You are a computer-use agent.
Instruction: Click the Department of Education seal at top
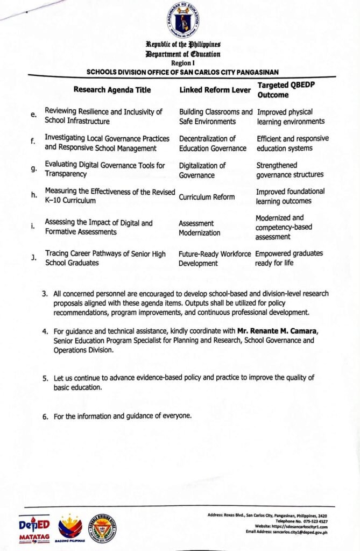pos(182,19)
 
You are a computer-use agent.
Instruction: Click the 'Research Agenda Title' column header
pos(112,90)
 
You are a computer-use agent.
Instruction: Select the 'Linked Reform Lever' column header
pos(215,90)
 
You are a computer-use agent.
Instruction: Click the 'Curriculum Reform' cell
pos(207,196)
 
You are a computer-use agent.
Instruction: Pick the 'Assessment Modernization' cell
pos(199,228)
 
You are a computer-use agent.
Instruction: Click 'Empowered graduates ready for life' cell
pos(290,258)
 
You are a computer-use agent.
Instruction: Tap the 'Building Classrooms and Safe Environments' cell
pos(215,116)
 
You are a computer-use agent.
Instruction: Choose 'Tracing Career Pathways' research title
pos(105,258)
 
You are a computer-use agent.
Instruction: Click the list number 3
pos(45,294)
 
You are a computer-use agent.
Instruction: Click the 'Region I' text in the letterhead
pos(182,62)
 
